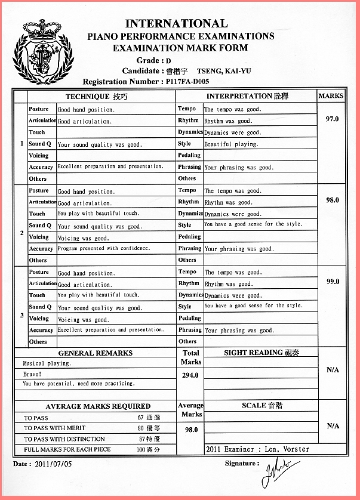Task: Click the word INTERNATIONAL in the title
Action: (176, 24)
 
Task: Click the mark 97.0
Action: (332, 119)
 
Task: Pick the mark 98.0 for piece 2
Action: (332, 200)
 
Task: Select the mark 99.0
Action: (332, 282)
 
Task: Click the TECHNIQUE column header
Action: (96, 96)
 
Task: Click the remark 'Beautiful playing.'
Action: (231, 144)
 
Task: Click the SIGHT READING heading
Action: (261, 353)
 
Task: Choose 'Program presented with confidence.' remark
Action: (104, 248)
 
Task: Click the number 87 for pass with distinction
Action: (141, 439)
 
